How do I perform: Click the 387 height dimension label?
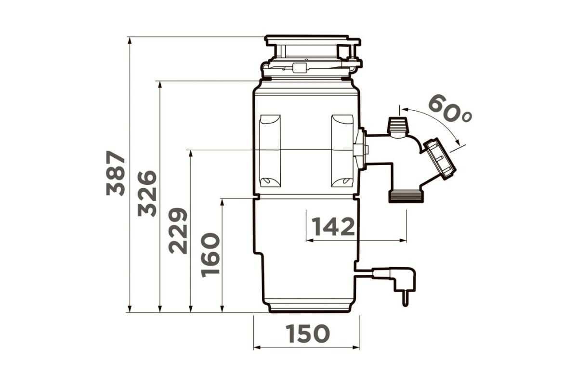(x=115, y=173)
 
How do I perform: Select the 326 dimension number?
(x=147, y=193)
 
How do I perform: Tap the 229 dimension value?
(x=178, y=231)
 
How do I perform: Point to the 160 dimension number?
(x=210, y=255)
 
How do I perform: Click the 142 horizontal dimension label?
(x=333, y=227)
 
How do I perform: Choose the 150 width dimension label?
(x=308, y=334)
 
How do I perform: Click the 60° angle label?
(x=450, y=108)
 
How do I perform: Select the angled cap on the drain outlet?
(x=440, y=159)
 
